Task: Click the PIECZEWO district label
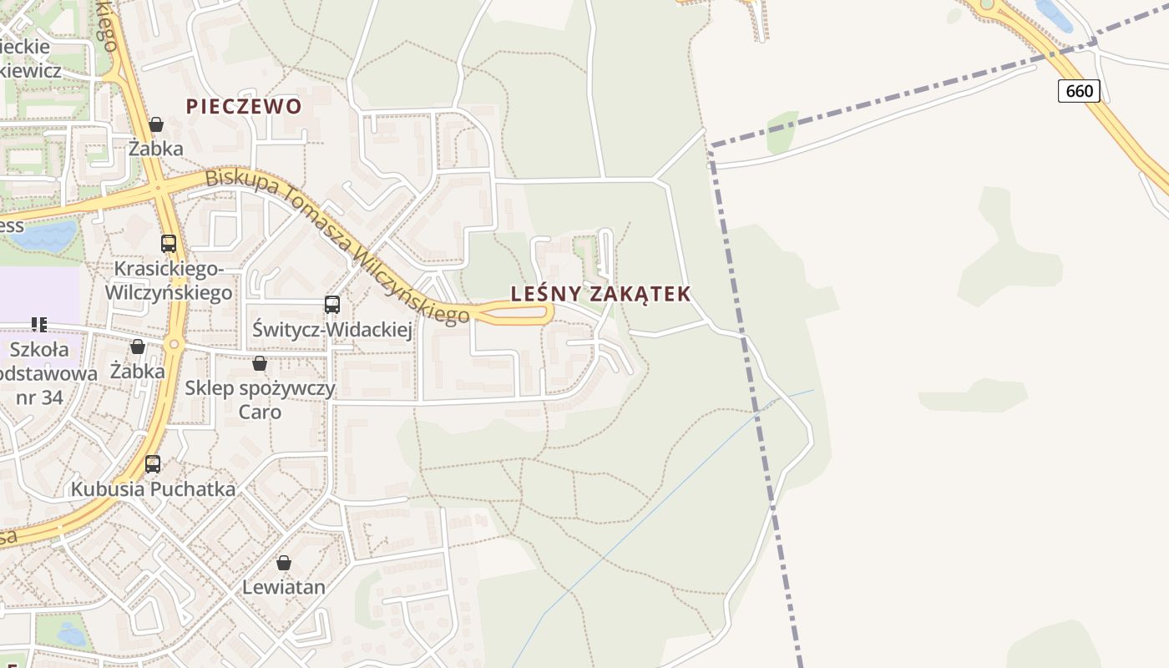(244, 106)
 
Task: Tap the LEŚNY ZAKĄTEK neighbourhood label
(601, 294)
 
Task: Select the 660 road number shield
(1079, 90)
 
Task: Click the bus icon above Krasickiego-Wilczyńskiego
(169, 244)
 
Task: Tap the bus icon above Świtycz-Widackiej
(332, 305)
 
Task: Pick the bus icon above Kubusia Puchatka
(153, 464)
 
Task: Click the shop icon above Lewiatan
(284, 563)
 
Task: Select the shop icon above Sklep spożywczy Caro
(260, 363)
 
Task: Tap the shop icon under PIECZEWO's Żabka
(156, 124)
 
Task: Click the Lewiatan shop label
(284, 587)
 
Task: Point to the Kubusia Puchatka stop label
(153, 489)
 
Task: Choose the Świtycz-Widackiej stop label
(332, 331)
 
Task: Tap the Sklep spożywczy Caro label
(260, 400)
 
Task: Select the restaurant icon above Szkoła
(38, 324)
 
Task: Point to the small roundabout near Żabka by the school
(174, 344)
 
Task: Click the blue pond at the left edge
(43, 235)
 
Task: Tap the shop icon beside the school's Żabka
(138, 347)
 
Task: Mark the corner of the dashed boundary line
(711, 148)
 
